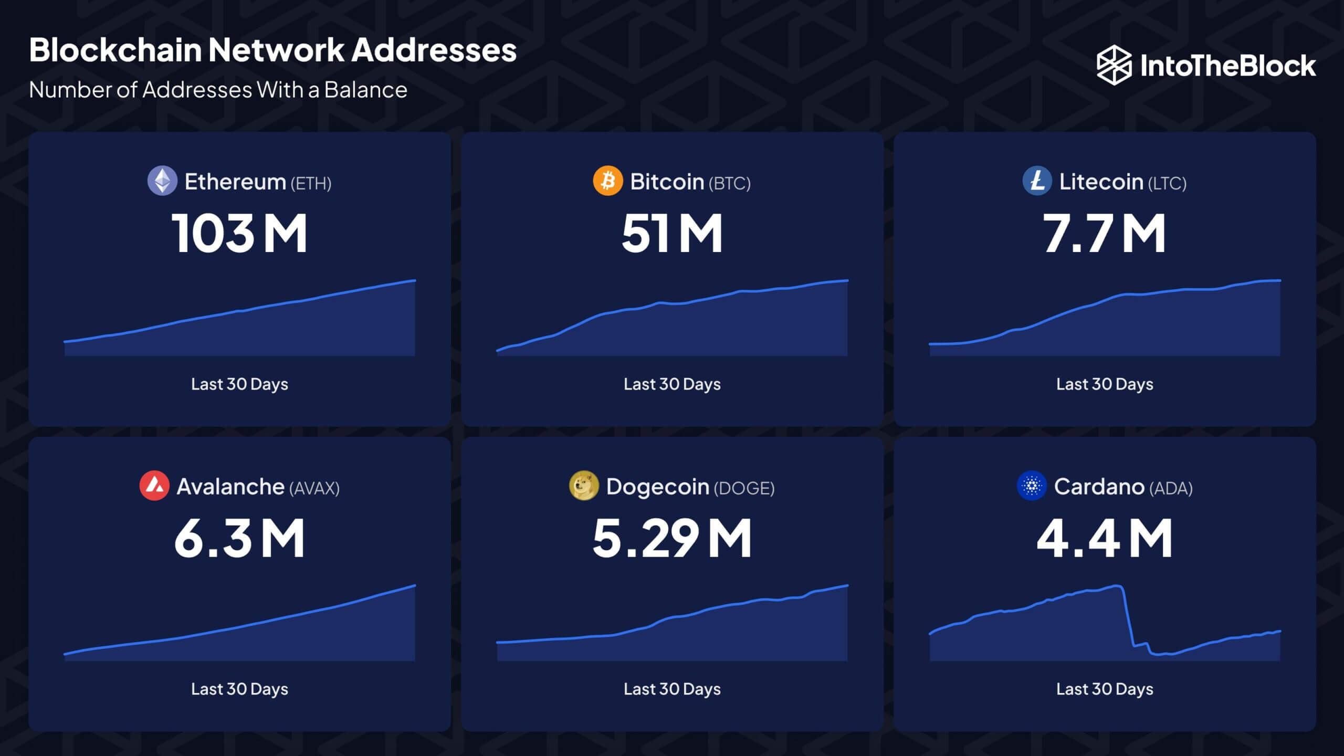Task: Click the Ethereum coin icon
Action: (x=162, y=181)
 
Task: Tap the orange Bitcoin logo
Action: (x=607, y=181)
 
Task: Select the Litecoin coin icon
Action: (x=1037, y=181)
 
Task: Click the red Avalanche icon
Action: (x=154, y=486)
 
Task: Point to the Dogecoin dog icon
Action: (x=584, y=486)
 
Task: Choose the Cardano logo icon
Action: (x=1032, y=486)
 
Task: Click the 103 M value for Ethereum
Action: (x=239, y=233)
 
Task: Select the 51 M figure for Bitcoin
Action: (x=672, y=233)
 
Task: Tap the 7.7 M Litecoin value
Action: (x=1104, y=233)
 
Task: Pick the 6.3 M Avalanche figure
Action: (x=239, y=538)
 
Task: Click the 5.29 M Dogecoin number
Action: (x=672, y=538)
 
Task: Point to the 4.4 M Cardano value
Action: (x=1104, y=538)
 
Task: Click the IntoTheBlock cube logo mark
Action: (x=1114, y=65)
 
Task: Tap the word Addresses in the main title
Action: (x=434, y=50)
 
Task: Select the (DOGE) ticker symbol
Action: (x=744, y=488)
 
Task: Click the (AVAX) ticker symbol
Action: (x=314, y=488)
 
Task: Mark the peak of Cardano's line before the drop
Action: (x=1117, y=585)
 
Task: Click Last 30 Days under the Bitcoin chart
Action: (x=672, y=384)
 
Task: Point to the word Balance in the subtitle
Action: (x=365, y=90)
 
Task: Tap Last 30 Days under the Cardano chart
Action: (x=1105, y=689)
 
